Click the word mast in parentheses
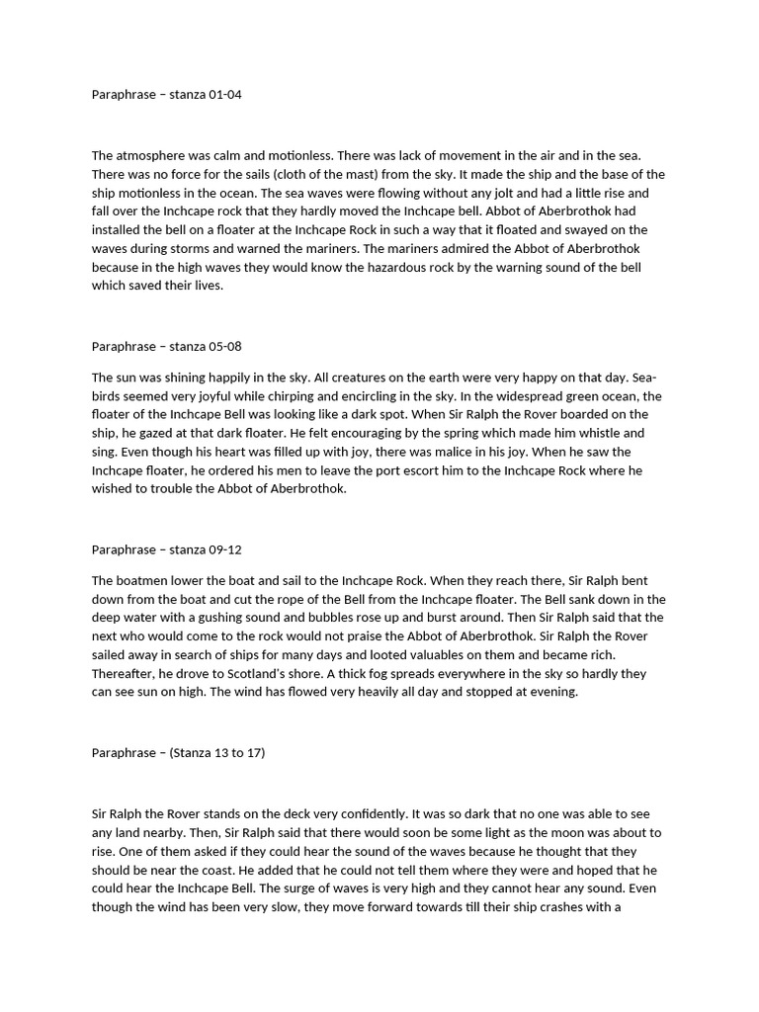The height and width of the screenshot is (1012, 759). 324,174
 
